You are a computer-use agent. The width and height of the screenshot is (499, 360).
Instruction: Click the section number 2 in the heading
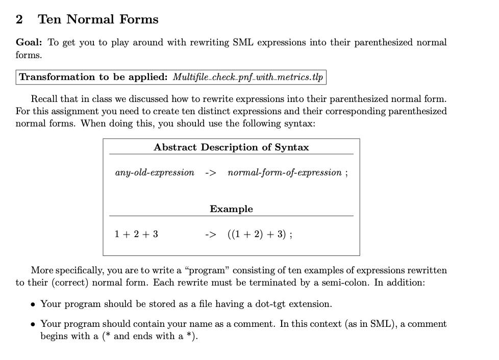(x=19, y=20)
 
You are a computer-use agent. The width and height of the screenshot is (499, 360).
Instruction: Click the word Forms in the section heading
(x=139, y=20)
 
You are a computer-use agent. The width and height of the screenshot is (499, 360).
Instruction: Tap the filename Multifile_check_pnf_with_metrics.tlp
(x=247, y=78)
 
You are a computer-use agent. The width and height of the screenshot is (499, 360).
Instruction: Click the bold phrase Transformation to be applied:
(x=93, y=78)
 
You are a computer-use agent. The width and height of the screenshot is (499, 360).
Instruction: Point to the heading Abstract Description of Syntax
(x=231, y=147)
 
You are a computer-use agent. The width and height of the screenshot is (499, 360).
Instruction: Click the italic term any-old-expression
(x=155, y=172)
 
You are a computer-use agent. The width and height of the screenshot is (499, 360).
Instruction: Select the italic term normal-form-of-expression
(x=285, y=172)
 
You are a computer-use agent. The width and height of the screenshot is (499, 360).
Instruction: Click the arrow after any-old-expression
(x=210, y=172)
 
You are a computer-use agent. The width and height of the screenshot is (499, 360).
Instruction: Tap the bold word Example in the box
(x=231, y=209)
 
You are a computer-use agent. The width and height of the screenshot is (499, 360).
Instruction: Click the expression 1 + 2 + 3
(x=136, y=235)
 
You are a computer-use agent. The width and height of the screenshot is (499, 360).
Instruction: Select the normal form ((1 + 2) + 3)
(x=256, y=235)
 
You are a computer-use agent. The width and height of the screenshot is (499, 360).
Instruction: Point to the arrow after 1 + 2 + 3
(x=210, y=235)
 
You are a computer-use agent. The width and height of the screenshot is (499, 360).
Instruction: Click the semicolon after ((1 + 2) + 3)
(x=290, y=235)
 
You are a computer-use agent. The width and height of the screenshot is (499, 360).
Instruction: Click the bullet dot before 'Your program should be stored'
(x=33, y=304)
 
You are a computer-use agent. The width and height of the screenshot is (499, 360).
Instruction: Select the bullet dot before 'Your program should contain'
(x=33, y=324)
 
